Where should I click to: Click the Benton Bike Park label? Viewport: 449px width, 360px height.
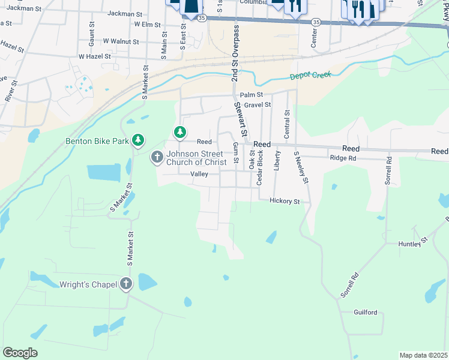coord(97,142)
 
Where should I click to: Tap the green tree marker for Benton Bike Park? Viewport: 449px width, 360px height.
coord(139,140)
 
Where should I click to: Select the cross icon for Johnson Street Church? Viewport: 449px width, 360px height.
coord(157,157)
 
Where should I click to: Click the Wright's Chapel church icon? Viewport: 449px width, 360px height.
coord(125,284)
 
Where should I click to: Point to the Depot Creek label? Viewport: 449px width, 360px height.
coord(310,76)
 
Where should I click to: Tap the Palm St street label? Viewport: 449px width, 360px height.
coord(252,95)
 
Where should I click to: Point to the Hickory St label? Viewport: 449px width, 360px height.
coord(285,202)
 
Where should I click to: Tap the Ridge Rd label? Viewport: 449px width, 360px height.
coord(343,158)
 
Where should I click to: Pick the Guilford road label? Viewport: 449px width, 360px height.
coord(366,313)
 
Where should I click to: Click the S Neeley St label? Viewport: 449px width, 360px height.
coord(301,167)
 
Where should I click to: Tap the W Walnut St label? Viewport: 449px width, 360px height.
coord(121,42)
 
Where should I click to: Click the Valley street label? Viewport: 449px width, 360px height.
coord(199,174)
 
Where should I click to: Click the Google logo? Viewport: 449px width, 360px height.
coord(20,353)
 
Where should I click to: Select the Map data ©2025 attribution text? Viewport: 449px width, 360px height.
coord(423,355)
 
